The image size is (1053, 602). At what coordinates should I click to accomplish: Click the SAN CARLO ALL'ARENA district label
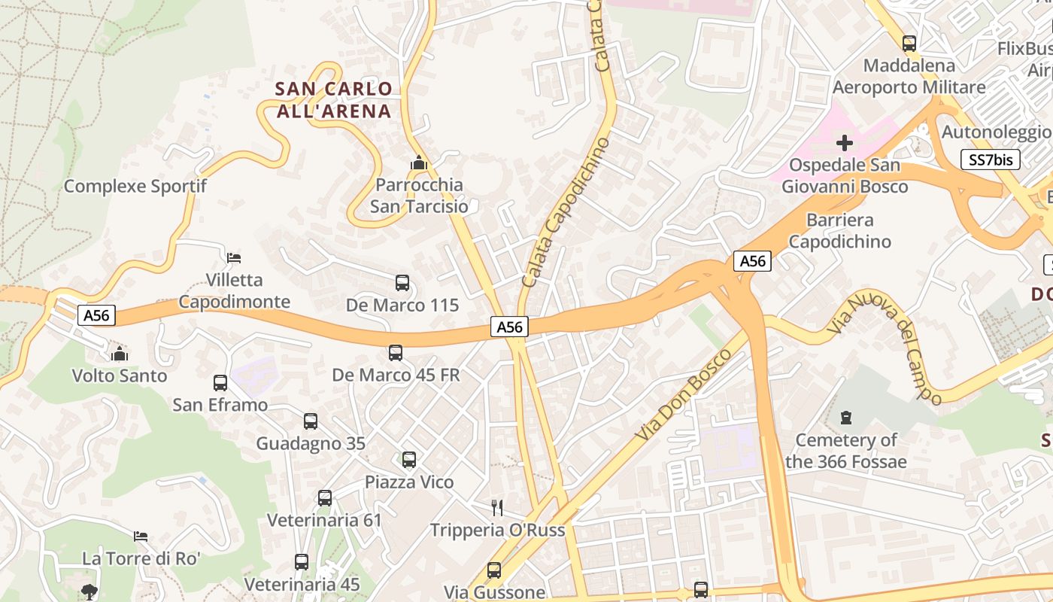(333, 100)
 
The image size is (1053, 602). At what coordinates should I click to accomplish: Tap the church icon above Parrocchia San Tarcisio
(419, 163)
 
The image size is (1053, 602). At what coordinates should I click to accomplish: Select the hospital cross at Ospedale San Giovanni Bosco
(845, 142)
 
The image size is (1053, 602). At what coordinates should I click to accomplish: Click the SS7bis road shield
(990, 160)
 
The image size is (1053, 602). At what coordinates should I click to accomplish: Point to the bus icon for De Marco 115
(402, 283)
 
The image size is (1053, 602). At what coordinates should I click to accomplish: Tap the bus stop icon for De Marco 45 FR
(396, 352)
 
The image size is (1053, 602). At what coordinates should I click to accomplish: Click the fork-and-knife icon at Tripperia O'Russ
(496, 507)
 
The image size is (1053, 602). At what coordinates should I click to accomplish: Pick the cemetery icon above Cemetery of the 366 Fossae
(846, 417)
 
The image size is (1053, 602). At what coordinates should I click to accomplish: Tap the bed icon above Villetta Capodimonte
(234, 257)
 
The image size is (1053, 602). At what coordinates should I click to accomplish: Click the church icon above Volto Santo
(119, 353)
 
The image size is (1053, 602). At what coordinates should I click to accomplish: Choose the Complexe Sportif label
(135, 186)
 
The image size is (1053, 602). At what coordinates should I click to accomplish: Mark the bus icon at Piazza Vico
(409, 459)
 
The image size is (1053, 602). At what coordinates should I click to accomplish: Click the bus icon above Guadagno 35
(311, 421)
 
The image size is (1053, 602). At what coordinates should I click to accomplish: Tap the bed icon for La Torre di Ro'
(141, 536)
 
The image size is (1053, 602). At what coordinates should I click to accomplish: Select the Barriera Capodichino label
(839, 231)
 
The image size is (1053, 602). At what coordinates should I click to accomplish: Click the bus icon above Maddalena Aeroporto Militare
(909, 43)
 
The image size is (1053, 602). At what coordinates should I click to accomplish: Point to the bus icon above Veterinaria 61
(325, 497)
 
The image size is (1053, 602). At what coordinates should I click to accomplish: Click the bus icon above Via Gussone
(494, 570)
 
